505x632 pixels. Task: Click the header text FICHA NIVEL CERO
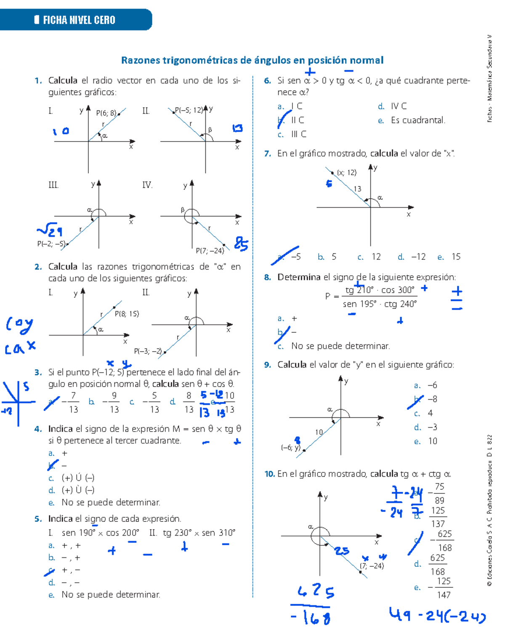79,20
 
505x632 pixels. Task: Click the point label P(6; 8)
106,113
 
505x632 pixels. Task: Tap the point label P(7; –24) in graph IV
210,251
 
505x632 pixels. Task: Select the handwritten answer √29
50,230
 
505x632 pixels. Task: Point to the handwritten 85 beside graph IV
241,244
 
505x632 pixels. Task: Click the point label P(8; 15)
127,314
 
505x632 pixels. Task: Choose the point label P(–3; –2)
148,351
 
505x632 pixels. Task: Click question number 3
38,372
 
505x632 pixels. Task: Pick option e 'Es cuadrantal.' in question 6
418,120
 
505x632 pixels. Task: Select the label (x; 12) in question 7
347,172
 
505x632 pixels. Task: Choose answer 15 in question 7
456,257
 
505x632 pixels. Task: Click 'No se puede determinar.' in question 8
340,346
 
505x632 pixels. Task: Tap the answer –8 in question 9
432,399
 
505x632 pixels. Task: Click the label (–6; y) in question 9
290,448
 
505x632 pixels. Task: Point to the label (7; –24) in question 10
372,566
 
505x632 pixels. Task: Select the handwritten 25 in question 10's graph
342,551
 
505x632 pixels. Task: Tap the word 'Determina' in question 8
299,277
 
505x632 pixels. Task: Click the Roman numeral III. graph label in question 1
53,185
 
